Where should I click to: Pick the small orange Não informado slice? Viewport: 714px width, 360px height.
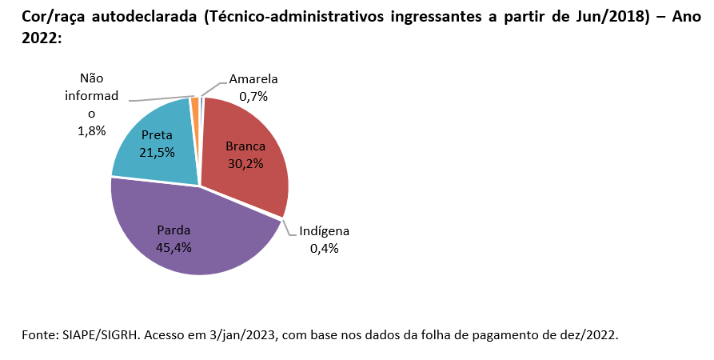coord(194,102)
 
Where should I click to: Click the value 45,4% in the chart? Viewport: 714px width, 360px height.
coord(174,247)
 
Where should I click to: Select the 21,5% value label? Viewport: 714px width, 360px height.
coord(157,152)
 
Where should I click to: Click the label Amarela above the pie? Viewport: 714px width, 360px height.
coord(253,79)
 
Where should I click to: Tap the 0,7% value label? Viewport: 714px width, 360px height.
coord(253,96)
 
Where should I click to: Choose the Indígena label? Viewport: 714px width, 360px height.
coord(324,231)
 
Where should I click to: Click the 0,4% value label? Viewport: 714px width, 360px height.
coord(324,248)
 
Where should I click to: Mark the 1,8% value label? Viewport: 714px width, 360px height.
coord(92,130)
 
